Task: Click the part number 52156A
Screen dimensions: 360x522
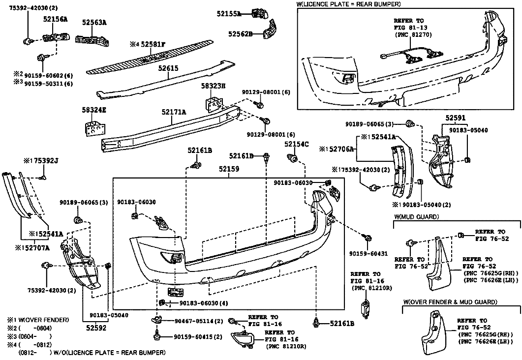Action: click(55, 19)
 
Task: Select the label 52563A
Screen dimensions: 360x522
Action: click(94, 22)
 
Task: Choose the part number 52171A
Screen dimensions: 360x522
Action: click(174, 112)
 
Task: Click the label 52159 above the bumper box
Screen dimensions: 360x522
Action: click(229, 169)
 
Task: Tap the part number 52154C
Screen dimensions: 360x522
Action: click(296, 144)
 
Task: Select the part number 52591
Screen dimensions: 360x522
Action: click(456, 118)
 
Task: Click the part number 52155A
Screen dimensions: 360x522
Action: click(229, 14)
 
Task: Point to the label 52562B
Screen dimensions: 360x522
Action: click(240, 34)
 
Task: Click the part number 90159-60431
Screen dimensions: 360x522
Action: click(368, 254)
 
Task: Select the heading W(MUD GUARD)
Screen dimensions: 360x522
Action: click(417, 216)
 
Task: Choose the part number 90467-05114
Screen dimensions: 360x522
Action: click(199, 321)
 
